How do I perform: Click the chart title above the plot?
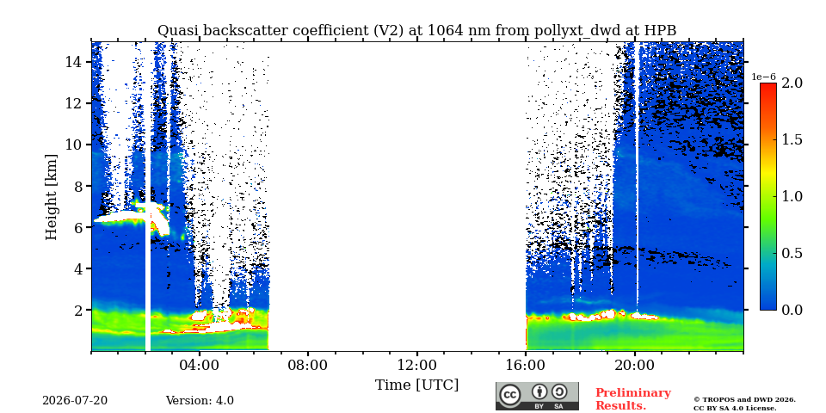pos(416,31)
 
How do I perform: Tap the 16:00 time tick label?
pos(526,365)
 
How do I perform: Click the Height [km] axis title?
pos(51,197)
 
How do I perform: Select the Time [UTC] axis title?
pos(416,385)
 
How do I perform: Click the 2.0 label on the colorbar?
pos(792,83)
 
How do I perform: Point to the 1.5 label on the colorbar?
pos(792,139)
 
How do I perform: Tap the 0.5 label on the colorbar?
pos(792,253)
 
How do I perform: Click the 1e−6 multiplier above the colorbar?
pos(763,77)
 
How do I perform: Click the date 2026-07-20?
pos(75,401)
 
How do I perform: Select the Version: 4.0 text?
pos(200,401)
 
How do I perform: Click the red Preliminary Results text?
pos(633,399)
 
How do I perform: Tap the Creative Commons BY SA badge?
pos(537,396)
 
